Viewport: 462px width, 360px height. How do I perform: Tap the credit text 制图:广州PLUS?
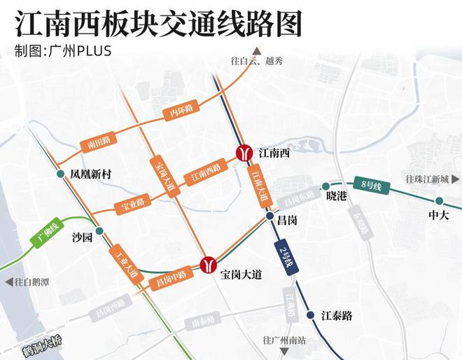(62, 52)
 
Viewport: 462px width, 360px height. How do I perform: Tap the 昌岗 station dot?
(269, 219)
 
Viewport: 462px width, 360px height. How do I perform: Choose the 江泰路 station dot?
(310, 314)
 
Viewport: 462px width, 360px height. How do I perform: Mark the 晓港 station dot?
(325, 186)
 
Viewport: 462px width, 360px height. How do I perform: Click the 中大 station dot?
(439, 200)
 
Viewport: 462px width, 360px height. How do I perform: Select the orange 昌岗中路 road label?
(167, 280)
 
